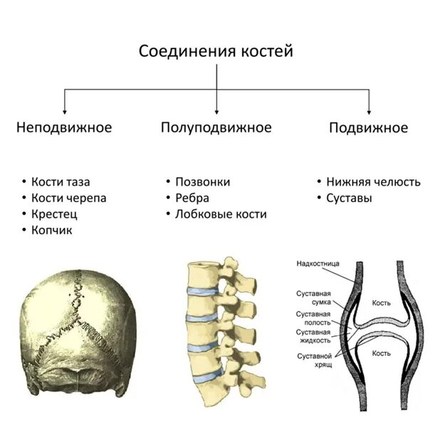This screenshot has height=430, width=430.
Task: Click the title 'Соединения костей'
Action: tap(216, 51)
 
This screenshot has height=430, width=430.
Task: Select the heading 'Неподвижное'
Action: tap(64, 128)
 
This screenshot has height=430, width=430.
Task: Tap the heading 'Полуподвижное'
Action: tap(216, 128)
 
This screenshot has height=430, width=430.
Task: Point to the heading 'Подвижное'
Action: tap(368, 128)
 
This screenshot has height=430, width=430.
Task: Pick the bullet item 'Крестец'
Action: tap(54, 214)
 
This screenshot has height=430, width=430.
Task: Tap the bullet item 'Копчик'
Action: tap(52, 229)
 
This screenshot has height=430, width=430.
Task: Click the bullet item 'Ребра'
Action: tap(192, 198)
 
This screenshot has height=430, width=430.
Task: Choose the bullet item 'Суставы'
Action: tap(349, 198)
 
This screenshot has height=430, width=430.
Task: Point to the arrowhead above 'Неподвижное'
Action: tap(65, 111)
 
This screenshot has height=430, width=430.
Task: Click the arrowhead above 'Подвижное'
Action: tap(369, 111)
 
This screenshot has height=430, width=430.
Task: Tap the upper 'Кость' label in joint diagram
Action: tap(382, 303)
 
